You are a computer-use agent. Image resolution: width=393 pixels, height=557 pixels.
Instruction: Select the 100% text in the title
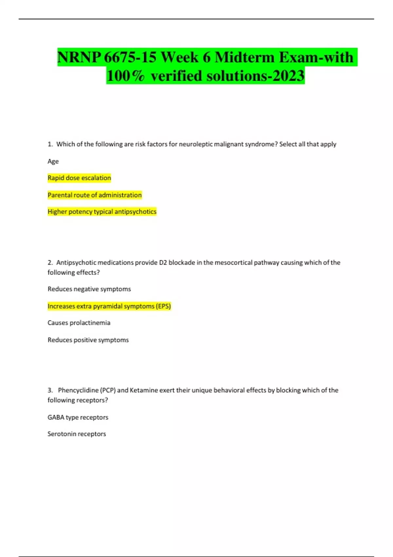(125, 76)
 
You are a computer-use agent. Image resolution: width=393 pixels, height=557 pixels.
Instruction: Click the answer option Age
(53, 161)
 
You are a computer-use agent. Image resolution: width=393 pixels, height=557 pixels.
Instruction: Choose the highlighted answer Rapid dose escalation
(79, 178)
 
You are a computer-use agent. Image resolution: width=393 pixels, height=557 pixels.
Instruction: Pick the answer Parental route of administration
(95, 195)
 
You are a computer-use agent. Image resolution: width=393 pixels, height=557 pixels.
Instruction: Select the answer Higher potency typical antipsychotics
(102, 212)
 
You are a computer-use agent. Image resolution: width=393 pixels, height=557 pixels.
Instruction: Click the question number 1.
(50, 144)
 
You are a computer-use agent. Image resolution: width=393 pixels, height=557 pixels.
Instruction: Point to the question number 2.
(50, 262)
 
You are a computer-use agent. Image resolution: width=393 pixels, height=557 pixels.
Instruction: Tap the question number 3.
(50, 390)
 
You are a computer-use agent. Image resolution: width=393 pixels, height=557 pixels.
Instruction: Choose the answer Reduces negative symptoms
(89, 289)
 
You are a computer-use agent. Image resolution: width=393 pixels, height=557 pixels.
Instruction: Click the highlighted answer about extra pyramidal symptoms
(109, 306)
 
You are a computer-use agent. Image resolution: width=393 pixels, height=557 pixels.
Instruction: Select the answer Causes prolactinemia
(79, 323)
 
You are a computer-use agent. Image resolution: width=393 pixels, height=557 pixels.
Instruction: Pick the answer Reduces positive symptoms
(88, 340)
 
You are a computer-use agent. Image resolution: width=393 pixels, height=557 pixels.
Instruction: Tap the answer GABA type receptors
(78, 417)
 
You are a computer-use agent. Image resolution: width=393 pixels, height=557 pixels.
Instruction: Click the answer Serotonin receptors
(77, 434)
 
